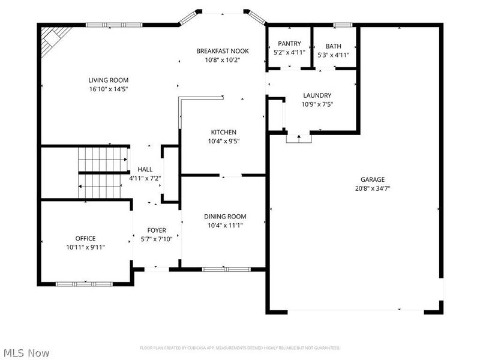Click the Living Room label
[109, 80]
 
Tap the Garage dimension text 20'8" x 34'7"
[373, 188]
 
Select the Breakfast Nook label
[223, 51]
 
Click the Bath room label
[334, 46]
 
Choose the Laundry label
[317, 95]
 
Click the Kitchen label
[223, 133]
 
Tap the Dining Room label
[225, 217]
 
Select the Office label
[85, 238]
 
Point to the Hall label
[145, 169]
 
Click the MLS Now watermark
[26, 353]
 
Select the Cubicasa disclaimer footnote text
[240, 348]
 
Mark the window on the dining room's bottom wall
[218, 269]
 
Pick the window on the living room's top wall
[115, 25]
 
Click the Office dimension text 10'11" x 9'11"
[85, 247]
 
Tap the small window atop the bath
[343, 25]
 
